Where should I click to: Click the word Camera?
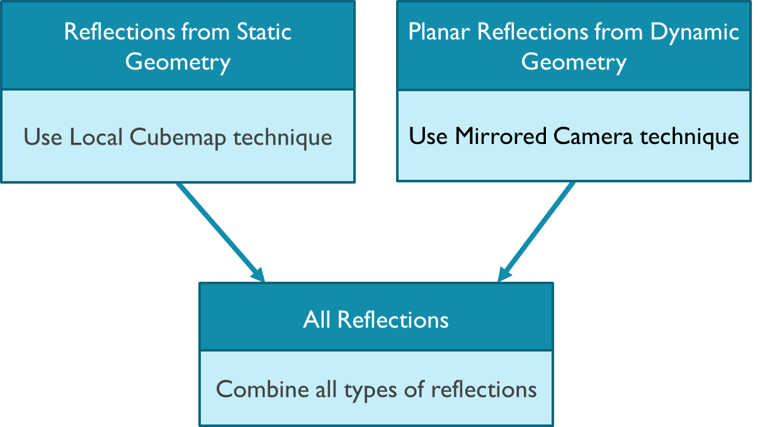pos(598,136)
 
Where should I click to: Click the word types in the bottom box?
pos(372,391)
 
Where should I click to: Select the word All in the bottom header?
pos(317,319)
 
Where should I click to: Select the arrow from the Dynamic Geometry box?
pos(538,230)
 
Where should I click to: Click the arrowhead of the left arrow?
pos(258,274)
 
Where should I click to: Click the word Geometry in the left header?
pos(178,63)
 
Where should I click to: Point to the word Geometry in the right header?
pos(574,63)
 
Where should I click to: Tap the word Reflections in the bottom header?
pos(393,319)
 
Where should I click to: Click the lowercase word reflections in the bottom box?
pos(484,389)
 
